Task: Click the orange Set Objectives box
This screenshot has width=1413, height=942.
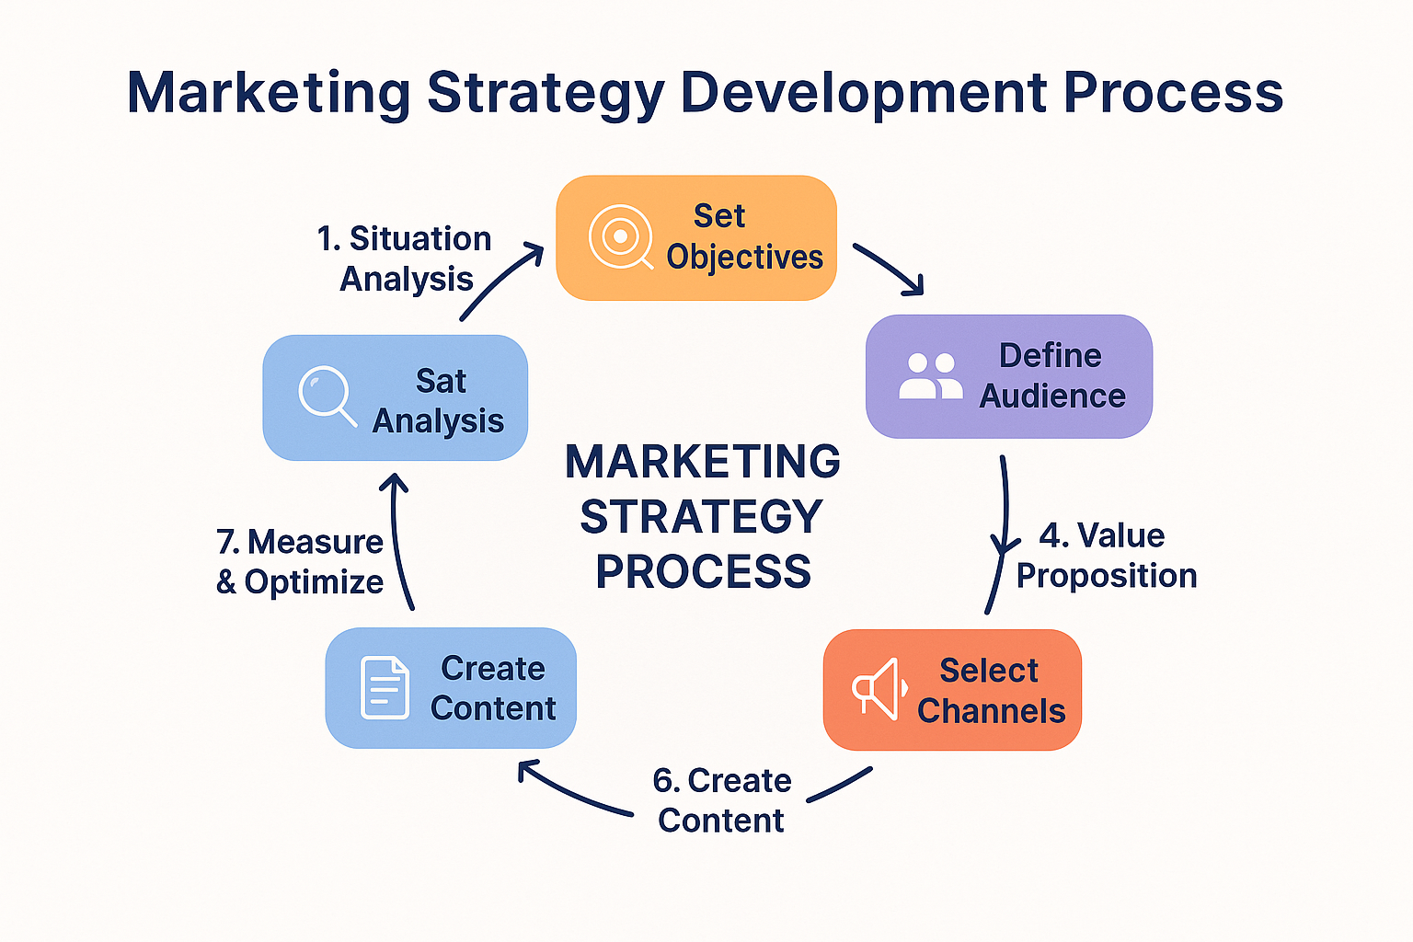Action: (x=696, y=237)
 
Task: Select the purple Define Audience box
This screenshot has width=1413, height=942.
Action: (x=1009, y=376)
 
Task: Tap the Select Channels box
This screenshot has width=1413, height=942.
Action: (x=952, y=690)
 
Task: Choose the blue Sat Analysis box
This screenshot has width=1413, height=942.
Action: (x=396, y=397)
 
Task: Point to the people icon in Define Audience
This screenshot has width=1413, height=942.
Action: (x=930, y=376)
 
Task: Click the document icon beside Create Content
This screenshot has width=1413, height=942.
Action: (x=385, y=687)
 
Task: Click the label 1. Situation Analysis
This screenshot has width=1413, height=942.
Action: (x=405, y=258)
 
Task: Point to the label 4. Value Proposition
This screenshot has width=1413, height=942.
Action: (x=1106, y=556)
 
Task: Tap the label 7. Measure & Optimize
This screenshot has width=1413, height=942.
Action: (x=300, y=562)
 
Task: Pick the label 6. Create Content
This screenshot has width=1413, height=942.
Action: (x=722, y=800)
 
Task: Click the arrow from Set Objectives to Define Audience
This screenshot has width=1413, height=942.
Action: (x=889, y=269)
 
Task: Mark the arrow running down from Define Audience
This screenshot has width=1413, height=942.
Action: (x=1001, y=534)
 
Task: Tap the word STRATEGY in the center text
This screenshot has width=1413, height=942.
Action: (x=702, y=517)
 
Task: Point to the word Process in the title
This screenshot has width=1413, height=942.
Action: (x=1174, y=93)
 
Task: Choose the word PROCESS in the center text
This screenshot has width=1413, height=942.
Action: (x=704, y=572)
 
